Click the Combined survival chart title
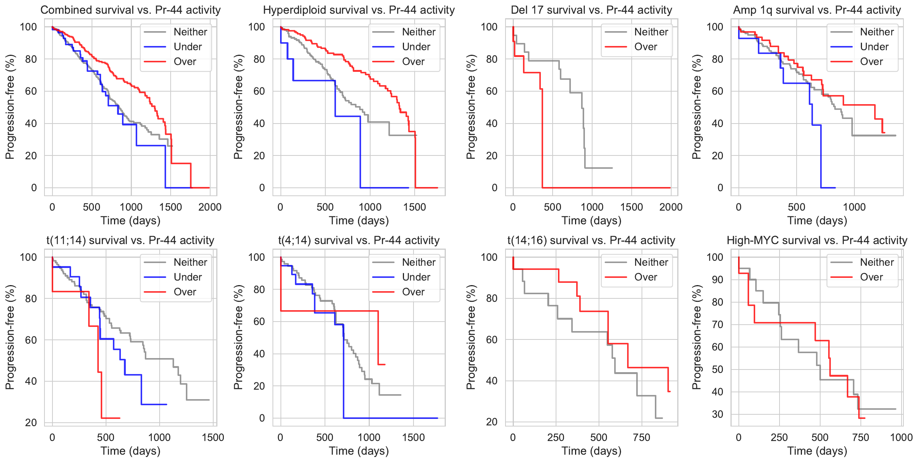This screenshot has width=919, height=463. click(130, 10)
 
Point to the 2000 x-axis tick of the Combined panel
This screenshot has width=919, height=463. click(210, 207)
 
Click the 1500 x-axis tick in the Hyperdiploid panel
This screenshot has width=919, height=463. click(415, 207)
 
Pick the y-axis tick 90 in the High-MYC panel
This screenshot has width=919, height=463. click(717, 280)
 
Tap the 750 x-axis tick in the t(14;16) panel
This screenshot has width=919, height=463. click(642, 438)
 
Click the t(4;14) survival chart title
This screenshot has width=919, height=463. click(359, 240)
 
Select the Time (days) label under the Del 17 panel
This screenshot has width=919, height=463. click(591, 220)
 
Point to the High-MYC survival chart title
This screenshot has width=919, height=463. click(817, 240)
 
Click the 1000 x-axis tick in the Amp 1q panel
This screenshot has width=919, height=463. click(854, 207)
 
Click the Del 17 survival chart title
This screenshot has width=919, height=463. click(591, 10)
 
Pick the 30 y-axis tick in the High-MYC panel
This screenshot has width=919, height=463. click(717, 414)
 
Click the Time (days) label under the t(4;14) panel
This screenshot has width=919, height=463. click(359, 451)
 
